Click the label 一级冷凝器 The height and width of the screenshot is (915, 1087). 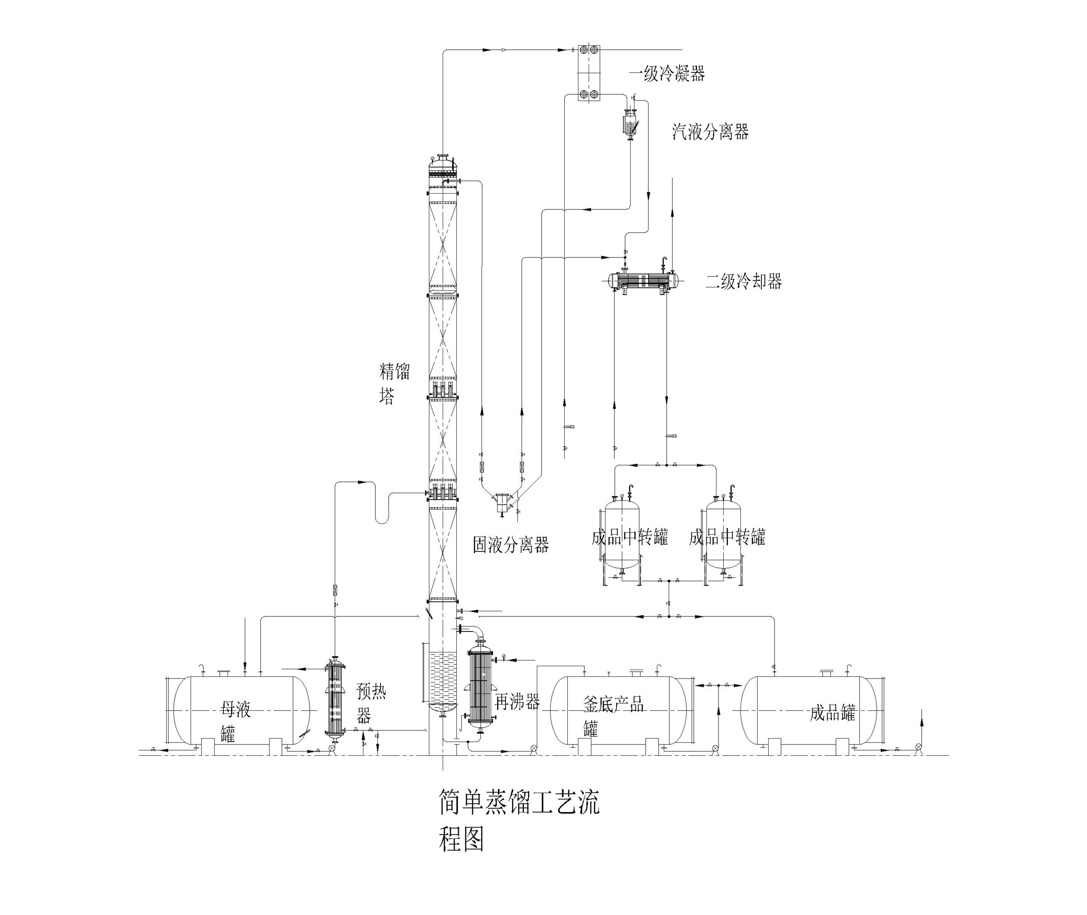pos(667,74)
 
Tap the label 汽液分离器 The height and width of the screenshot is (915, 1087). pos(710,132)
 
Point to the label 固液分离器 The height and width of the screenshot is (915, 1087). pos(511,544)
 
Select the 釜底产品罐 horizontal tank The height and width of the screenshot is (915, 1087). pos(617,711)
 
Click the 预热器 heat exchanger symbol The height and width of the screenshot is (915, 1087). pos(335,698)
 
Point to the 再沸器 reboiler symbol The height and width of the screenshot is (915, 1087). pos(480,687)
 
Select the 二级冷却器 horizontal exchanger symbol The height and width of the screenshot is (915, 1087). pos(644,281)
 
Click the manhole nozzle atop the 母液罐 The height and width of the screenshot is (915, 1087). pos(224,673)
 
